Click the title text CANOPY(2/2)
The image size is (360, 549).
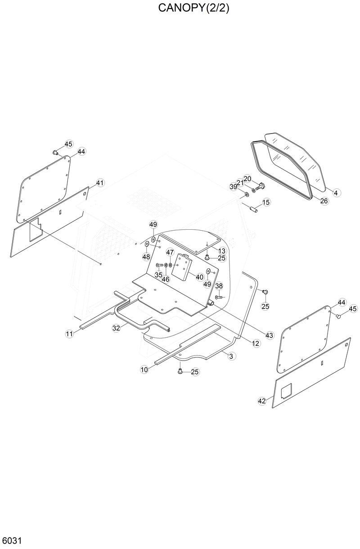pos(193,9)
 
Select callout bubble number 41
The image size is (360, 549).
pos(99,183)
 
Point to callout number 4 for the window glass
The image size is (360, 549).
pos(336,192)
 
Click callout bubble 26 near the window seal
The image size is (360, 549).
pos(324,201)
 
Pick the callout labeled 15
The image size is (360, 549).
pos(266,202)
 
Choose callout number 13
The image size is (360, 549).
pos(222,250)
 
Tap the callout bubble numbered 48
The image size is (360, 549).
pos(146,257)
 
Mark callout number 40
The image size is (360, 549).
pos(199,277)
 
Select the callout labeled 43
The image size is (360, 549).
pos(270,335)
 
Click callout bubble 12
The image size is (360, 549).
pos(256,343)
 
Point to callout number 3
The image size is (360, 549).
pos(231,356)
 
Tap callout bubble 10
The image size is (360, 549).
pos(144,370)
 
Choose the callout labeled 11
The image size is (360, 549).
pos(69,334)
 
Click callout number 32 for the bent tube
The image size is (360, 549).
pos(116,328)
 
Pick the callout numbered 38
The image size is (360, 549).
pos(219,286)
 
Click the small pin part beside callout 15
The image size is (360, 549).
pos(253,209)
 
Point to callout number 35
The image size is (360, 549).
pos(158,275)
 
